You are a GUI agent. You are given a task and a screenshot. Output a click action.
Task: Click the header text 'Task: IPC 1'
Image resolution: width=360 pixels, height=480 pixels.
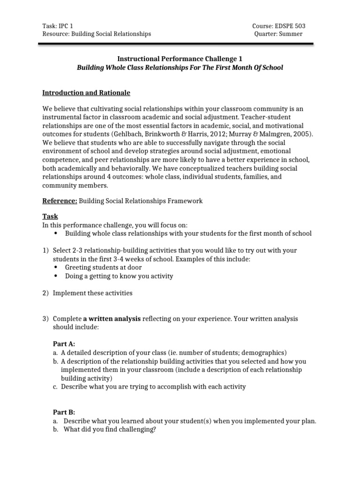coord(58,26)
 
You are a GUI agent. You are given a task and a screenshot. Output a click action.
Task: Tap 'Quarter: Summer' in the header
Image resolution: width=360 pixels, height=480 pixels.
coord(278,34)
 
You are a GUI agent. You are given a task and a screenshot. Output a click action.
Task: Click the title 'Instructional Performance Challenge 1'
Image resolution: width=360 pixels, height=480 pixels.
coord(180,59)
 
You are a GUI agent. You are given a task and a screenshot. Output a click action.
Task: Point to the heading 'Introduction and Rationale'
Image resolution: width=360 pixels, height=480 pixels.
coord(86,93)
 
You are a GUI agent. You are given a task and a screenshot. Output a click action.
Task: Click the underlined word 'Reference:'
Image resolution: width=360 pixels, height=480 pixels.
coord(60,201)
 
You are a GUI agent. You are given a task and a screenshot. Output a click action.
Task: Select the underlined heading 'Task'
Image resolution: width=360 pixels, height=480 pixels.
coord(50,217)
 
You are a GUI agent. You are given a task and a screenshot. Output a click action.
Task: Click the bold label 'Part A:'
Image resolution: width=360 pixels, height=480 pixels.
coord(63,344)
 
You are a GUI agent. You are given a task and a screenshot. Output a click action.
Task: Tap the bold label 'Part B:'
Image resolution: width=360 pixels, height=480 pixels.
coord(63,412)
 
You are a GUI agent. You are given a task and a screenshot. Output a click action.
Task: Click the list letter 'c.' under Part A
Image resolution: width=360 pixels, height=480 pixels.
coord(55,387)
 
